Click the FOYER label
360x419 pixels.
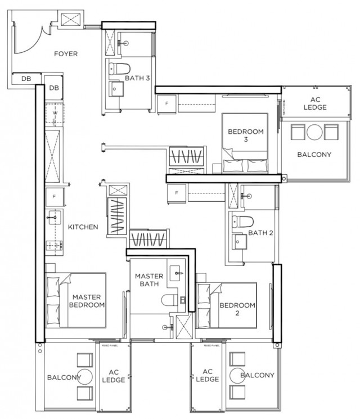[x=66, y=54]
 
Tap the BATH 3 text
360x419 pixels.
[x=137, y=79]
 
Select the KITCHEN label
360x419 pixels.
[x=83, y=227]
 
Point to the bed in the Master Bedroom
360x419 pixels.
[x=76, y=300]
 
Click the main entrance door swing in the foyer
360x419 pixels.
[x=28, y=37]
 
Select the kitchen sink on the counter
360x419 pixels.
[x=55, y=215]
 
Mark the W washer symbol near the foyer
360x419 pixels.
[x=55, y=113]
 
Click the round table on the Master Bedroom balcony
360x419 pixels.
[x=85, y=377]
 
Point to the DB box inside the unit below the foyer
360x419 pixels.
[x=55, y=88]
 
